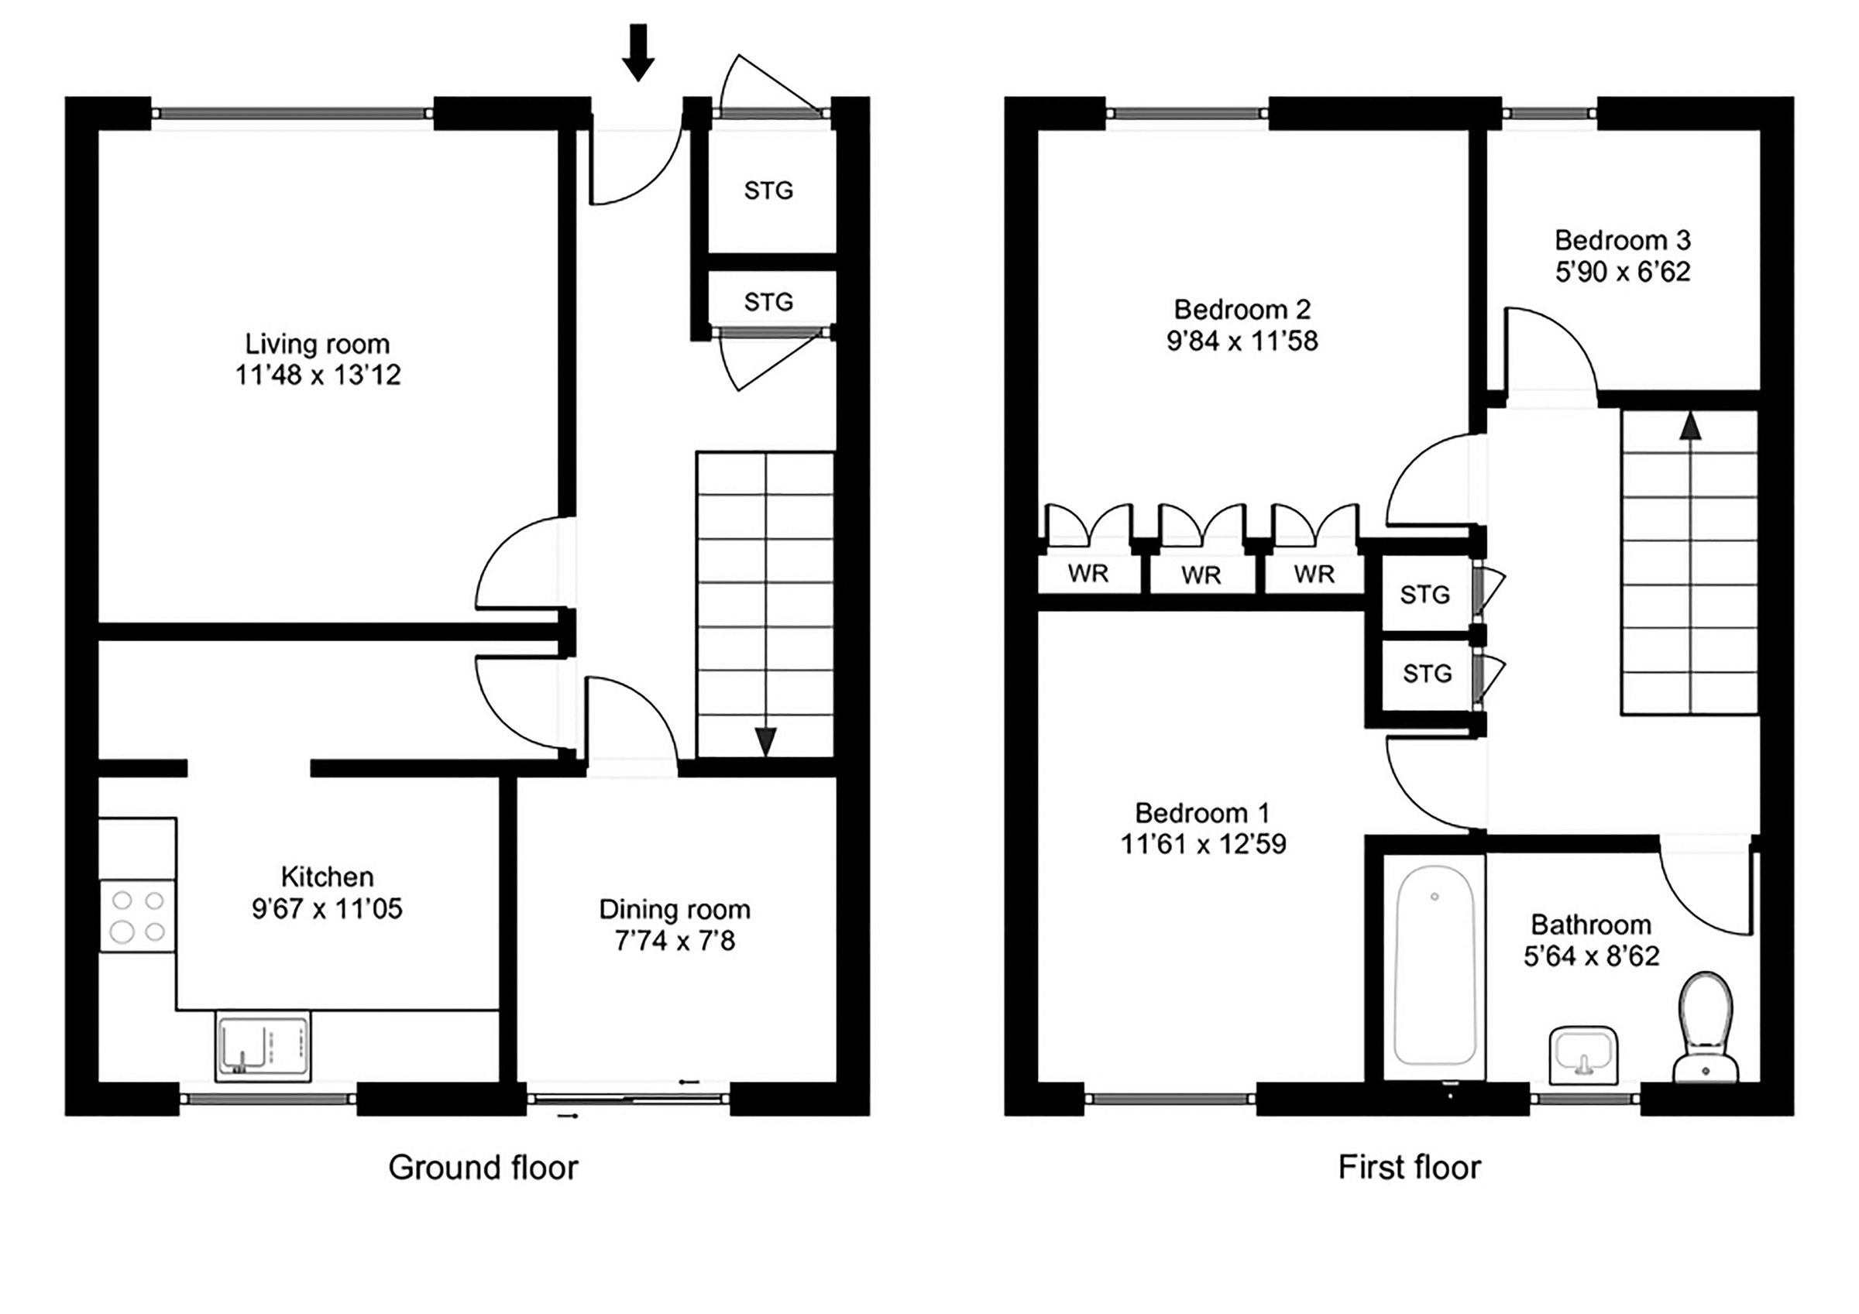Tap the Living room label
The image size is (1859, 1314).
[318, 344]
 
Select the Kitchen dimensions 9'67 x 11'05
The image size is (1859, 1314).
[326, 909]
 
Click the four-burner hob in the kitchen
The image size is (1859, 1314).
[137, 917]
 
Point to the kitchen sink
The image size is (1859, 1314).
[263, 1045]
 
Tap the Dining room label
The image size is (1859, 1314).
[675, 909]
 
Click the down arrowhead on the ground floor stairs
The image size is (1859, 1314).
[765, 742]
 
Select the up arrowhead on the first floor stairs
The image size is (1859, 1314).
[1690, 426]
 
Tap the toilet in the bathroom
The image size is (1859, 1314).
[1706, 1027]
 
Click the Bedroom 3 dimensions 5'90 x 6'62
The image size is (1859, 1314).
[1623, 272]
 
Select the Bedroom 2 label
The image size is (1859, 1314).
[1242, 309]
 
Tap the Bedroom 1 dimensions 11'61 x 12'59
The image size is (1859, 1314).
[1203, 845]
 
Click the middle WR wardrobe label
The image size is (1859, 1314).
[1201, 575]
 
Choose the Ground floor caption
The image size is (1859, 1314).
[483, 1168]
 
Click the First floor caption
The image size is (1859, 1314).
[1410, 1168]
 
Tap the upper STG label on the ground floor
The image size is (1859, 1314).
[768, 191]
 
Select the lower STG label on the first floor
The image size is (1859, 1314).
[1427, 674]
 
